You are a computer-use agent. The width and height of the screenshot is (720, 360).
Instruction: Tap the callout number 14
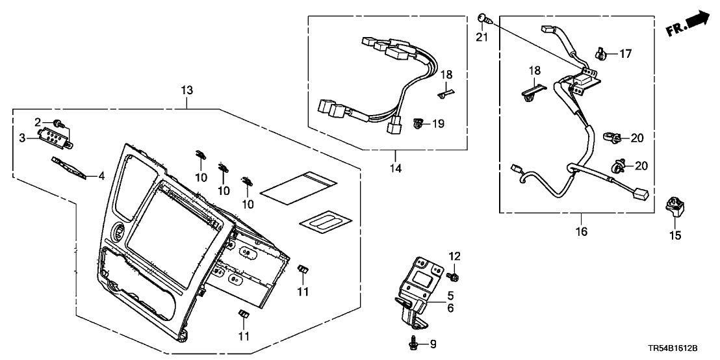pos(396,168)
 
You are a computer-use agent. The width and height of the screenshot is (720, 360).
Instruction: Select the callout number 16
pos(581,231)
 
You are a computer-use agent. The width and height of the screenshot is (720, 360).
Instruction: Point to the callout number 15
pos(676,235)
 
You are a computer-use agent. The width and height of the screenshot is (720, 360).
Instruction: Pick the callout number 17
pos(624,54)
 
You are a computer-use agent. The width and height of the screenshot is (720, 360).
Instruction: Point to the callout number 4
pos(101,175)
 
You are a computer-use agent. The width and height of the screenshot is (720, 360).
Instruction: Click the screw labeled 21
pos(482,18)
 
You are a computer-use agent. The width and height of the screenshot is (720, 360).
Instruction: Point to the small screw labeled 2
pos(59,123)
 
